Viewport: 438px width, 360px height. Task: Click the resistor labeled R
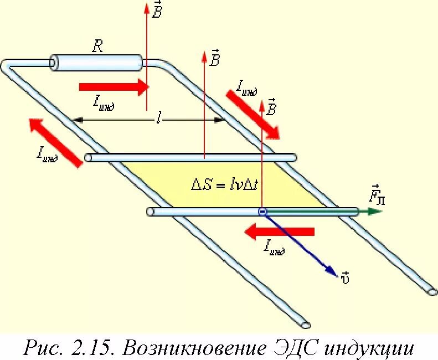(x=96, y=63)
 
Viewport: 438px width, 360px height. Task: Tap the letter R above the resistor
(x=97, y=46)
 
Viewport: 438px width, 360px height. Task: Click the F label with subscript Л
(x=376, y=195)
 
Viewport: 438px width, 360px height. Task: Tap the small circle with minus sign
(x=262, y=212)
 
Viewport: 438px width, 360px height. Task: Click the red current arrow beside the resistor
(x=114, y=87)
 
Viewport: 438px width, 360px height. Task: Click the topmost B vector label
(x=157, y=10)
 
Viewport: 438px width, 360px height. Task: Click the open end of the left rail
(x=305, y=323)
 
